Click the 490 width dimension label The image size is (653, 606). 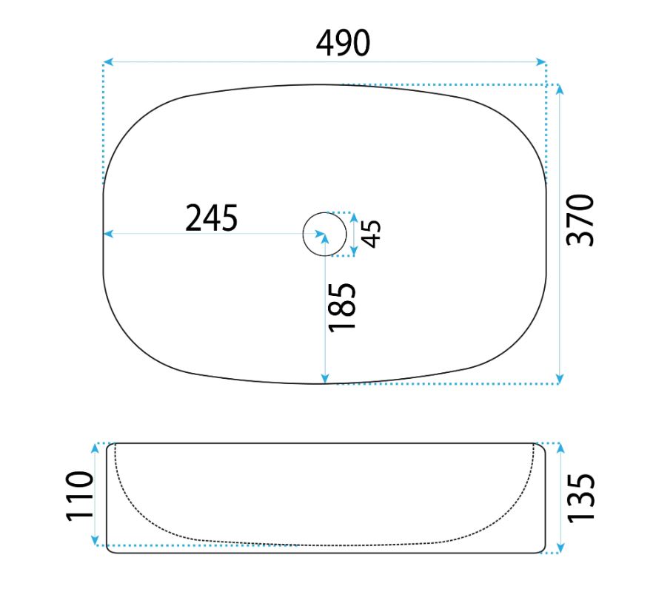[343, 43]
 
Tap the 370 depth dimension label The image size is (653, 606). [580, 220]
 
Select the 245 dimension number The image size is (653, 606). [212, 218]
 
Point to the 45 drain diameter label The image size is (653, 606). [371, 234]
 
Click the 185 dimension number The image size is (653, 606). [342, 308]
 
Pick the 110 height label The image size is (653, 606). [79, 496]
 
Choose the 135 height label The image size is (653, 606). [581, 497]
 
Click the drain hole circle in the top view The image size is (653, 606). [304, 234]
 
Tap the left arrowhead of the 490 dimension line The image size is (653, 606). [108, 62]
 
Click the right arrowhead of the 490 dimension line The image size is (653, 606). [541, 62]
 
